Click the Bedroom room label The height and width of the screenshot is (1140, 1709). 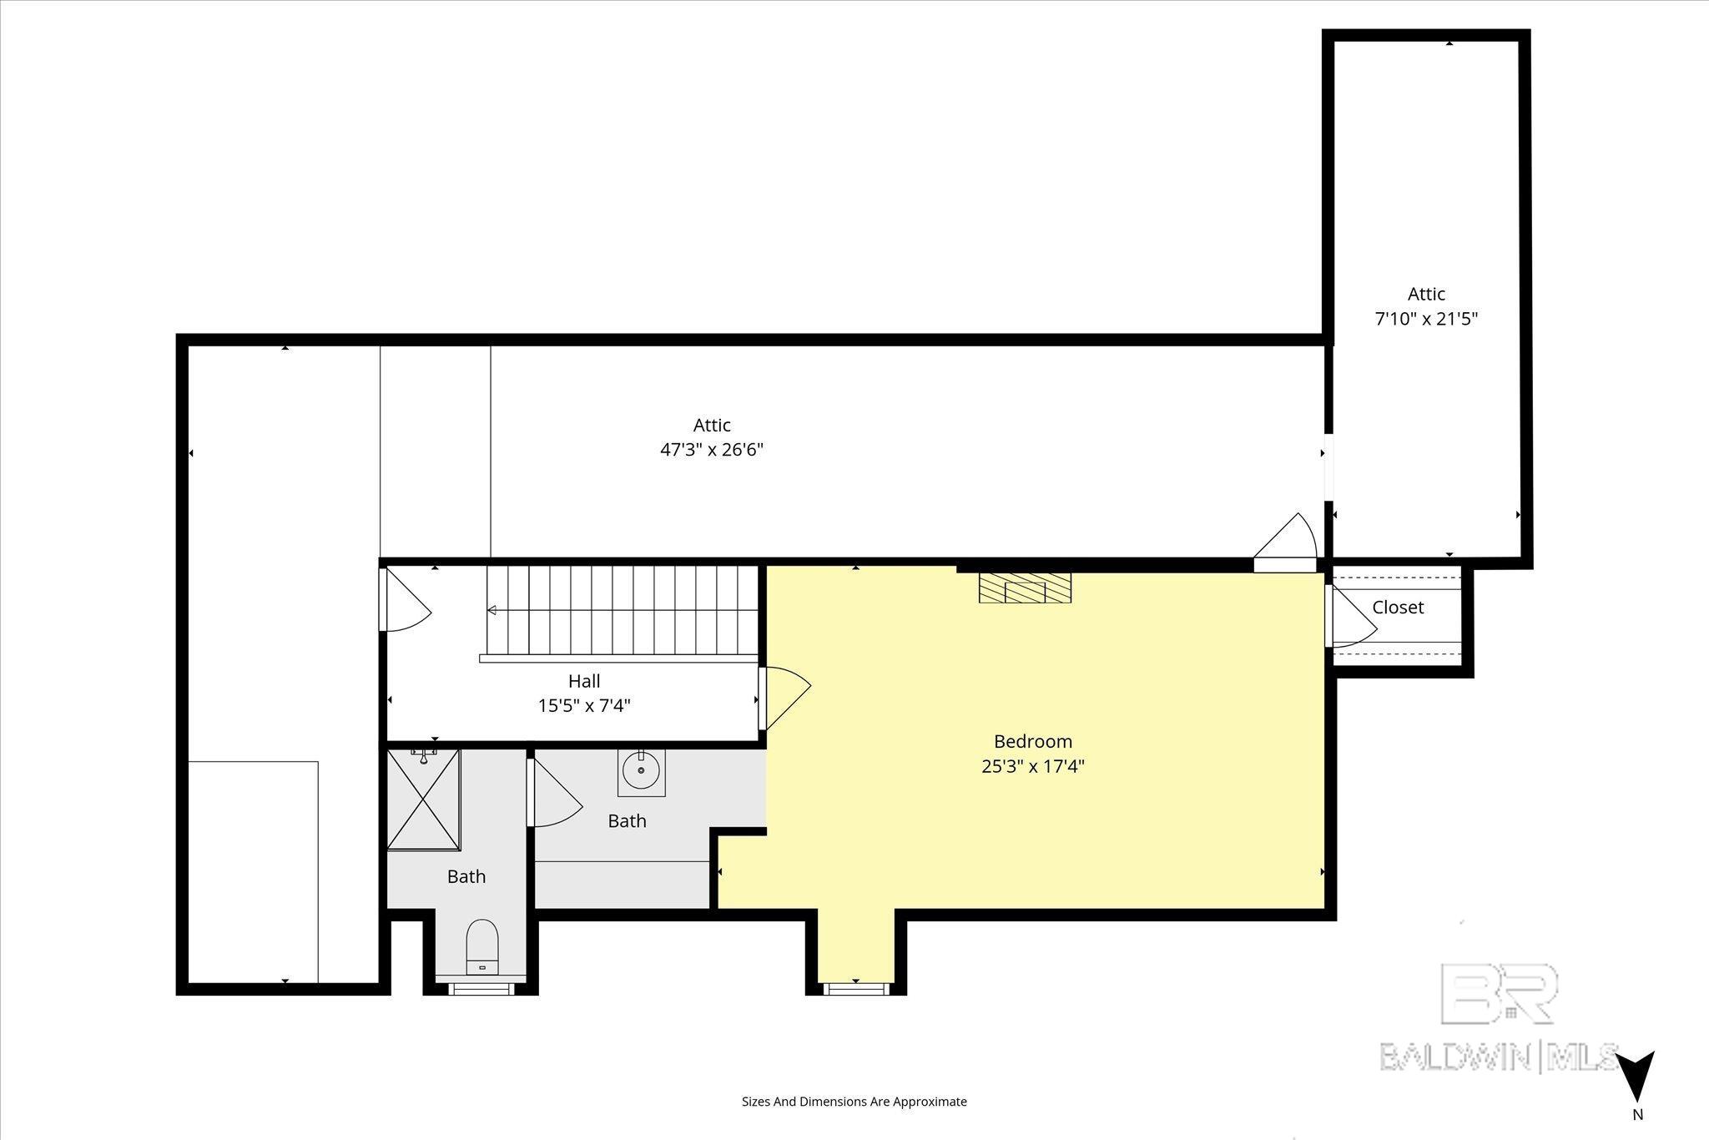coord(1033,741)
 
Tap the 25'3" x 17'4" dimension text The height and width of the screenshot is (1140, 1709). coord(1033,766)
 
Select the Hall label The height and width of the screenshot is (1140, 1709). coord(584,681)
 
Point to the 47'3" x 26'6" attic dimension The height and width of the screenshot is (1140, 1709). coord(712,450)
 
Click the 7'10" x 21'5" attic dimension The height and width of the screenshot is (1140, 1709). coord(1426,319)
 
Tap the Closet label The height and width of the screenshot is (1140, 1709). coord(1398,608)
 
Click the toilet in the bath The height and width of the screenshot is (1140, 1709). coord(481,946)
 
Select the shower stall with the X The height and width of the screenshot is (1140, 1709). coord(424,800)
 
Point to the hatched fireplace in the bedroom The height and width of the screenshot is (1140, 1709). coord(1025,588)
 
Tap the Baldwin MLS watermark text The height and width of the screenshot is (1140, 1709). coord(1499,1057)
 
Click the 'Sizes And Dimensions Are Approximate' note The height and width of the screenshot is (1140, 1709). coord(854,1102)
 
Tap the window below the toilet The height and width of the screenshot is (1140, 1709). coord(480,989)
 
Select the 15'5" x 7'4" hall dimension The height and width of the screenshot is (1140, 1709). coord(584,706)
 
